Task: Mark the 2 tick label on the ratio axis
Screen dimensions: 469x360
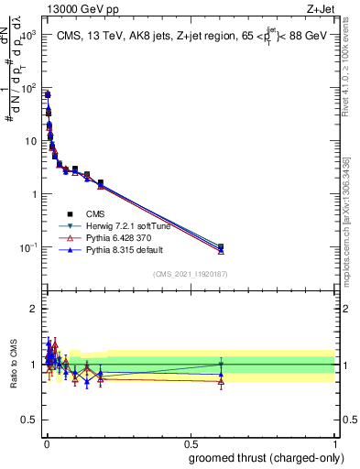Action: pyautogui.click(x=32, y=309)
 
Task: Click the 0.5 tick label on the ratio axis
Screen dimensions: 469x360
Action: pyautogui.click(x=28, y=420)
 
